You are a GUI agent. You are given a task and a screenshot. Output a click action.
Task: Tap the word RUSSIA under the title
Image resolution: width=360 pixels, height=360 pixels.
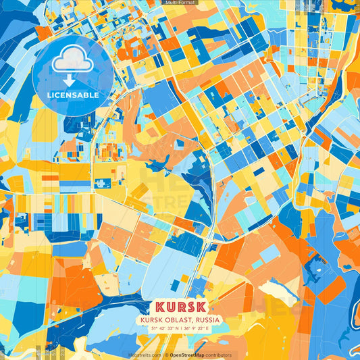208,319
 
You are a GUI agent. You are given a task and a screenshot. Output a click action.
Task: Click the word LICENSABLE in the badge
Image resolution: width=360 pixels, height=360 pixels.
73,95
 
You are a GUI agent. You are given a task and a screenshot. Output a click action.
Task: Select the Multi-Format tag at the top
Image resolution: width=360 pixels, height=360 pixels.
180,3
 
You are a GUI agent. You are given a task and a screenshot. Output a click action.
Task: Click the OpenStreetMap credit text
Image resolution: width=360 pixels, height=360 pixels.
188,355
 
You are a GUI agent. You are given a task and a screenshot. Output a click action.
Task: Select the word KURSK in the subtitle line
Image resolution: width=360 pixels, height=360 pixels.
153,319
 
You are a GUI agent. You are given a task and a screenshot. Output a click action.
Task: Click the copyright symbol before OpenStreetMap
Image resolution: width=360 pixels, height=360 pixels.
166,355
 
